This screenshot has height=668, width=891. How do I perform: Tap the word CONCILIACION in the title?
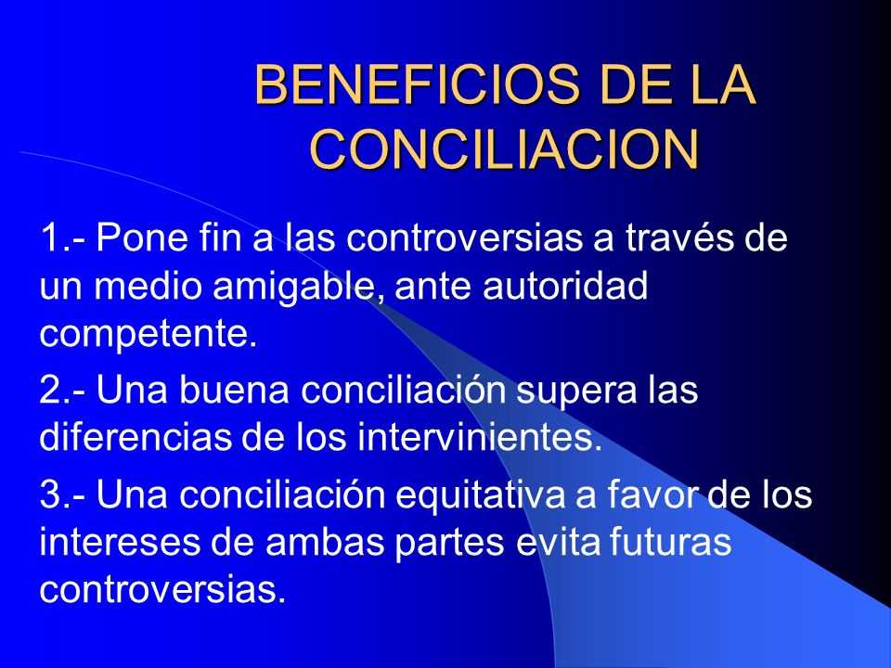[x=504, y=149]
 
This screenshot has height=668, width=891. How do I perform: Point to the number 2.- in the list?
[x=63, y=391]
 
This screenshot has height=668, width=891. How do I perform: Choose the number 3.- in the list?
[x=63, y=495]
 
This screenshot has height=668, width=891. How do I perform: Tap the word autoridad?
[x=565, y=285]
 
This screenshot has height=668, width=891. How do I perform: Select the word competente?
[x=148, y=334]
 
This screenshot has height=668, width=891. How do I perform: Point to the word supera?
[x=575, y=392]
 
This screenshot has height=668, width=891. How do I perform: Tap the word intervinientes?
[x=480, y=437]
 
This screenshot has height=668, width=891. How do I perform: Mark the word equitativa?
[x=481, y=495]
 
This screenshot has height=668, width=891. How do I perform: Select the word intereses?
[x=120, y=542]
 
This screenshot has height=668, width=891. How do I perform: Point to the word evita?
[x=558, y=542]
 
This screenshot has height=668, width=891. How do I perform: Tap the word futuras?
[x=670, y=542]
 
